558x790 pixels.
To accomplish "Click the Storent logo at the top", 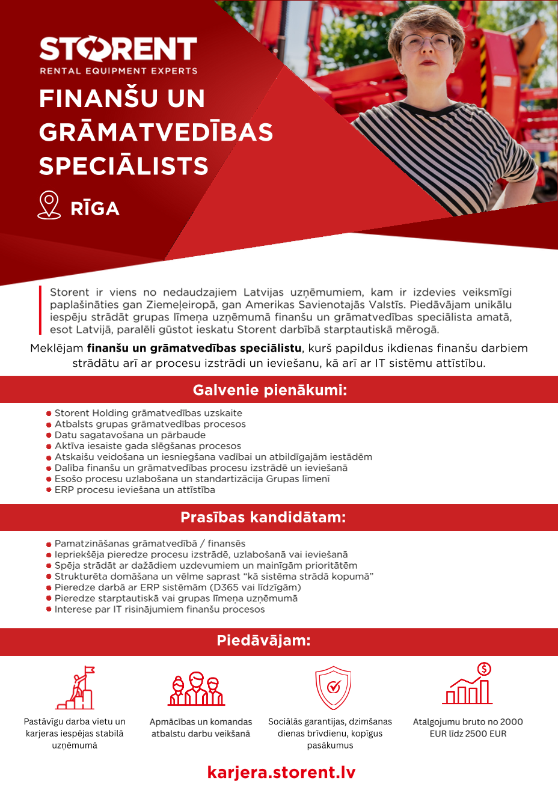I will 118,49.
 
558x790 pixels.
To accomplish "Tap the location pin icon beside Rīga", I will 49,205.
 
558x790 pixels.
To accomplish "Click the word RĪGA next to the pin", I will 95,209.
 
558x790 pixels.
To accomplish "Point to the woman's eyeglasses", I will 426,41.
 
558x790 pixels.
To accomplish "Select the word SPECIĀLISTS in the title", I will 124,166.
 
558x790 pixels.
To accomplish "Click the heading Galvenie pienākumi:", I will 270,390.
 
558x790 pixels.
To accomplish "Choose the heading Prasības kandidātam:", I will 263,517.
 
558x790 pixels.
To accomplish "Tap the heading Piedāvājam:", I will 263,640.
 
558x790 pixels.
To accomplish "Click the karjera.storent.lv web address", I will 281,772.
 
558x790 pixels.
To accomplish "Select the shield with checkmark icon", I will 333,688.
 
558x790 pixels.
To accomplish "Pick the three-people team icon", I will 196,689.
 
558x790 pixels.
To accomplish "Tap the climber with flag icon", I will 76,688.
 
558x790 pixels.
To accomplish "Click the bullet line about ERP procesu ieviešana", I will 134,489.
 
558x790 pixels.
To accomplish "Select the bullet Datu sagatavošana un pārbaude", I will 129,435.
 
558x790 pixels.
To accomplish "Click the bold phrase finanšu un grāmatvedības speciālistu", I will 194,348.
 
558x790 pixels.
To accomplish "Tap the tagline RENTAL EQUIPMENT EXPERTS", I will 118,71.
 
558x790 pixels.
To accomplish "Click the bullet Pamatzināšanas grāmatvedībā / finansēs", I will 150,544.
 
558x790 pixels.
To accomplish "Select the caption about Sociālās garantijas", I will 330,733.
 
